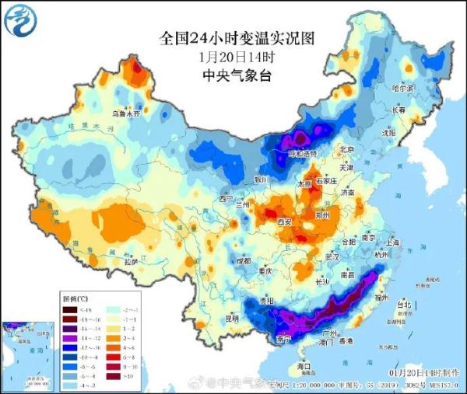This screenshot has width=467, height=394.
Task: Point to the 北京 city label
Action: (347, 149)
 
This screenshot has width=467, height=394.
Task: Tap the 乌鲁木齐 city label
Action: (126, 113)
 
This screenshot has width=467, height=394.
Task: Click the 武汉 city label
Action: (333, 256)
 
